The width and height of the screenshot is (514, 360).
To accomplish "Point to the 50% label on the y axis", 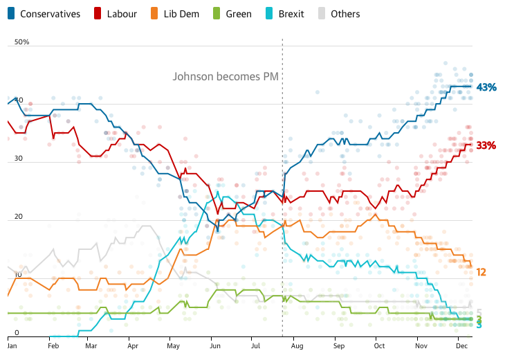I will [21, 42].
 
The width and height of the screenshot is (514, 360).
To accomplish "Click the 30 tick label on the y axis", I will [19, 159].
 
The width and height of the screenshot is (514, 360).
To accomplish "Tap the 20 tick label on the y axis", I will [19, 217].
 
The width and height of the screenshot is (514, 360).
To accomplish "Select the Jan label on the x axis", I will [12, 344].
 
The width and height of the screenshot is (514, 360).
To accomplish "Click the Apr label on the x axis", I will [133, 344].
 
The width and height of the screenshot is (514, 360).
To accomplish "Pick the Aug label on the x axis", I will [298, 344].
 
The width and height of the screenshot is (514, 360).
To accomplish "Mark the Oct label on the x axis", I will [379, 344].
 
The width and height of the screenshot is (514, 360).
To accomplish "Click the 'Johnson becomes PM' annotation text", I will [226, 77].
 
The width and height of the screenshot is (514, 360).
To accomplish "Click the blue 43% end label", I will [486, 87].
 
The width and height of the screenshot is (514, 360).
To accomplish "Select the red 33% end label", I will [486, 145].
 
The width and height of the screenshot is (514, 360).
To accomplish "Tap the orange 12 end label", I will [481, 272].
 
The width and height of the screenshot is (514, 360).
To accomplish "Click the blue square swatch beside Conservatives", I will [12, 14].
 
